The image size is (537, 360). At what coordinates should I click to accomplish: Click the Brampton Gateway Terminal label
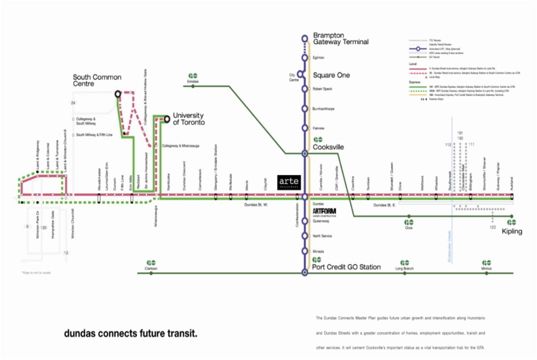341,38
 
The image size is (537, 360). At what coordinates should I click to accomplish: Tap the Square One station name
331,75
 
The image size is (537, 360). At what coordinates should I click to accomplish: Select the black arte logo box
290,182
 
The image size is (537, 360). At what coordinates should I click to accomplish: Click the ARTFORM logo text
324,211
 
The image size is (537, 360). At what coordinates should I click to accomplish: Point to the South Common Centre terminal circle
118,94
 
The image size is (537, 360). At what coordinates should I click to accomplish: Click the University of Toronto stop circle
166,119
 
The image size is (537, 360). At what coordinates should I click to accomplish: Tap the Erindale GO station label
193,81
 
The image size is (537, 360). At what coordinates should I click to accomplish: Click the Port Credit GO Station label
346,267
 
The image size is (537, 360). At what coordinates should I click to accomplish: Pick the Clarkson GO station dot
151,273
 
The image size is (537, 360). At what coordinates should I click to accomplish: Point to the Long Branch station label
405,268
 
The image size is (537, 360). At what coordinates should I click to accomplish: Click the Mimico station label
486,268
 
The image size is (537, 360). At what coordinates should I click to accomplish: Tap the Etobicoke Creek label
449,246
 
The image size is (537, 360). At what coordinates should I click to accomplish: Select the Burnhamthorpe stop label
323,109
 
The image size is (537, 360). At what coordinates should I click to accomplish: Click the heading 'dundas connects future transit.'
130,334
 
